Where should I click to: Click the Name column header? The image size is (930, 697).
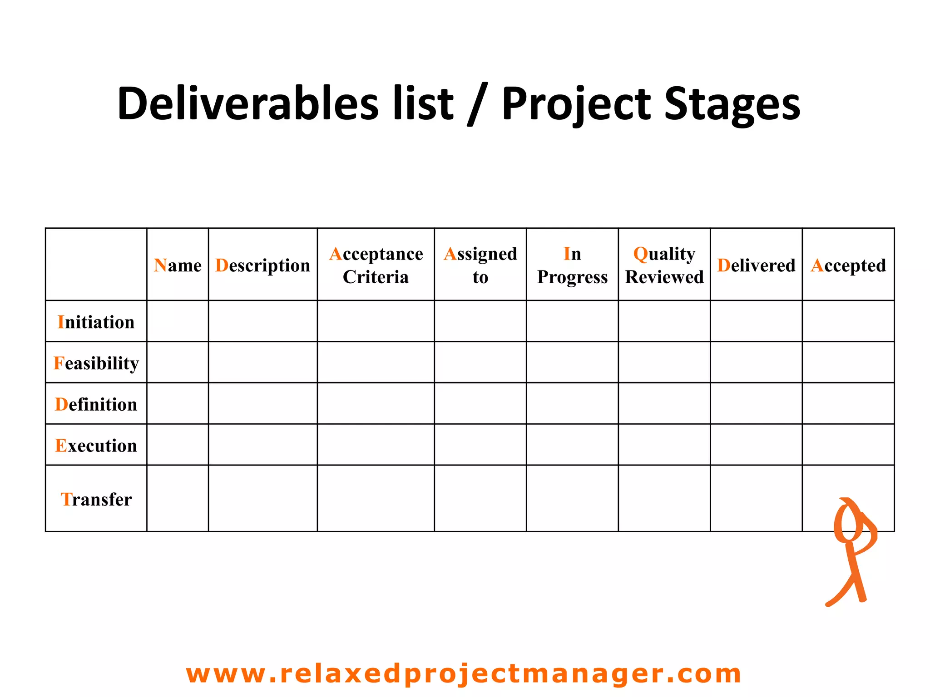(x=178, y=265)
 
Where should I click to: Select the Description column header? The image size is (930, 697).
(x=262, y=265)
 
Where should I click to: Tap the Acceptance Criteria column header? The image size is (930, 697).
(x=376, y=265)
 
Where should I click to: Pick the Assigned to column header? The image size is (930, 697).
(x=480, y=265)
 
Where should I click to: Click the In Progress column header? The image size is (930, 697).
(x=572, y=265)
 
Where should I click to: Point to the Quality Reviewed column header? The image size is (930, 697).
(x=664, y=265)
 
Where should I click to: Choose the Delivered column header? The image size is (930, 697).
(x=756, y=265)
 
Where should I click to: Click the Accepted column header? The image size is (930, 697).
(x=848, y=265)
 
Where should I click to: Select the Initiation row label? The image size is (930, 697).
(x=96, y=322)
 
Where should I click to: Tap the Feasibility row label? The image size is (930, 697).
(x=96, y=363)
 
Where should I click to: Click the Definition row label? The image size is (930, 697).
(x=96, y=404)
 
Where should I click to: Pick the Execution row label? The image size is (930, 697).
(x=96, y=446)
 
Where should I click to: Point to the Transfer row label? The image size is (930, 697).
(x=96, y=499)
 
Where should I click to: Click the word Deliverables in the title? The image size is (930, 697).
(x=247, y=103)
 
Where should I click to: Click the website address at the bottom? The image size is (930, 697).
(x=464, y=673)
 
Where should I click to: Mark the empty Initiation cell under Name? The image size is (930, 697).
(x=178, y=321)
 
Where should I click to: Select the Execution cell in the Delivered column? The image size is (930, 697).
(x=756, y=445)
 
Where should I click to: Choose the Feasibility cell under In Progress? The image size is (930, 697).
(x=572, y=362)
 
